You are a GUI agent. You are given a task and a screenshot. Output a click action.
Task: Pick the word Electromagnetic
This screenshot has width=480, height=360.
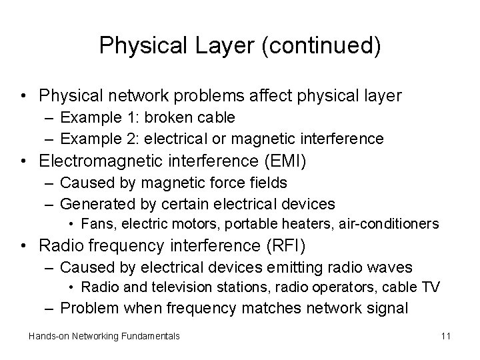tap(97, 161)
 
